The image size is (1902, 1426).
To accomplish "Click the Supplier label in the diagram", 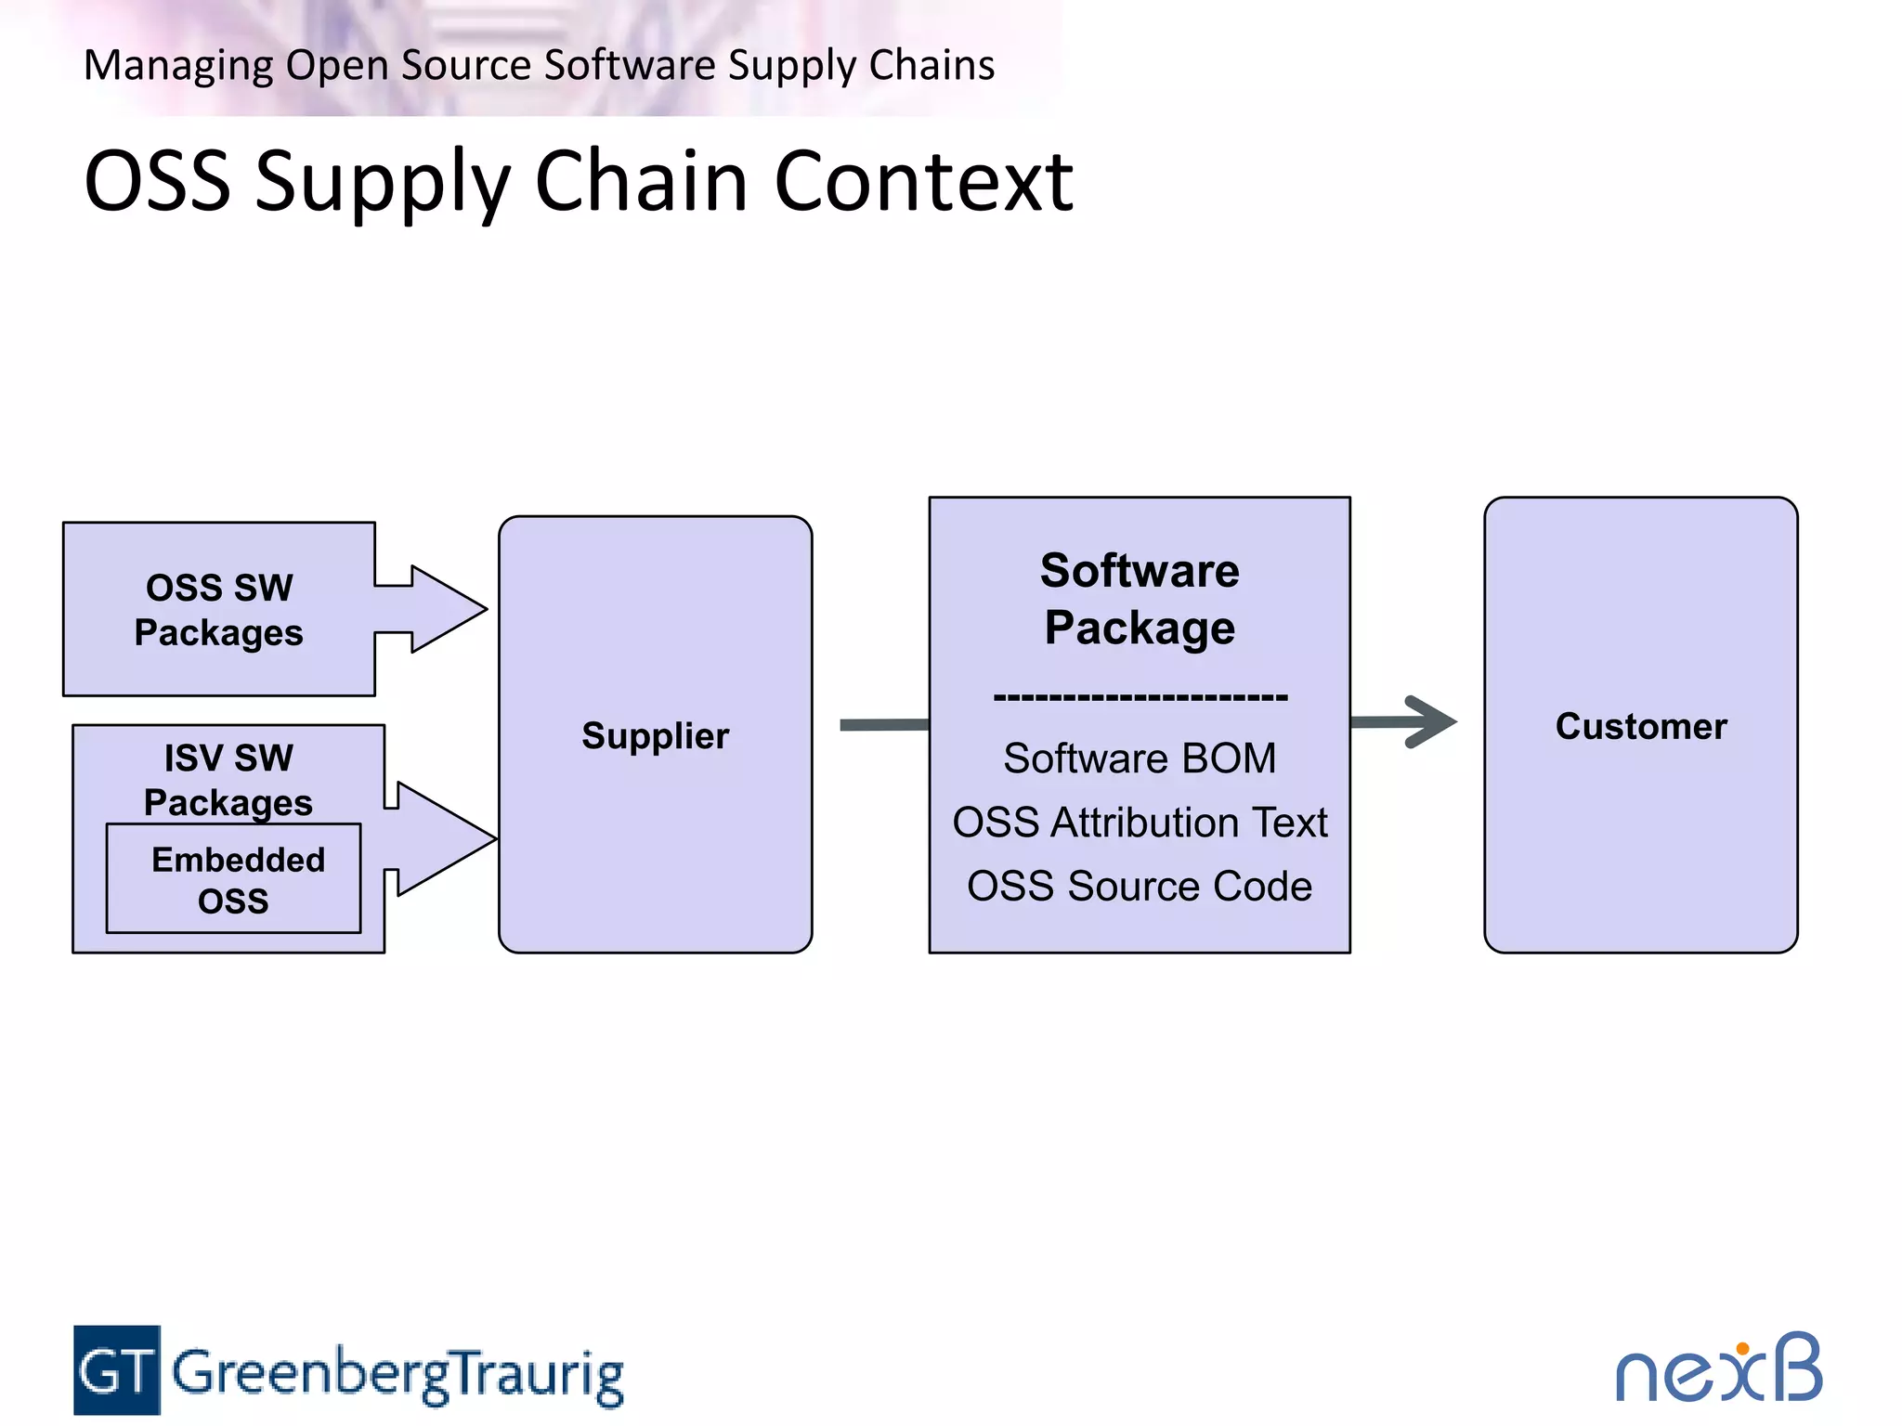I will point(655,735).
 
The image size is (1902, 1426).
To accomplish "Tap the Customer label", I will point(1641,726).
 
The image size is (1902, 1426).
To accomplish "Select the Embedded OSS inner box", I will point(234,878).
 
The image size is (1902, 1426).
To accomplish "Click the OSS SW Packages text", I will point(219,610).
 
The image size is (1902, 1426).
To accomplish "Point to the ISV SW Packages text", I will point(228,779).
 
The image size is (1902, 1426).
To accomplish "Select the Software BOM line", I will point(1140,758).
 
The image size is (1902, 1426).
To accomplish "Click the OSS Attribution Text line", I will point(1140,823).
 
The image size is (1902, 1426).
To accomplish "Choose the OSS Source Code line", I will point(1140,887).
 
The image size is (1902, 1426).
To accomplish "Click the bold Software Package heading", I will point(1140,599).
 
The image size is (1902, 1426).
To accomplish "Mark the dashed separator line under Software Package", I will point(1140,696).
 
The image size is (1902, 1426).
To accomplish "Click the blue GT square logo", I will point(117,1370).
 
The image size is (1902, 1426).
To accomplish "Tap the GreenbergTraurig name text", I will point(397,1374).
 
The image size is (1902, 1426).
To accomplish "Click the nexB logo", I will point(1718,1370).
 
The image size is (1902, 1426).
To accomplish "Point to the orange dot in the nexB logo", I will point(1743,1348).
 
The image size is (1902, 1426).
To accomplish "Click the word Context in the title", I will point(923,181).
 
